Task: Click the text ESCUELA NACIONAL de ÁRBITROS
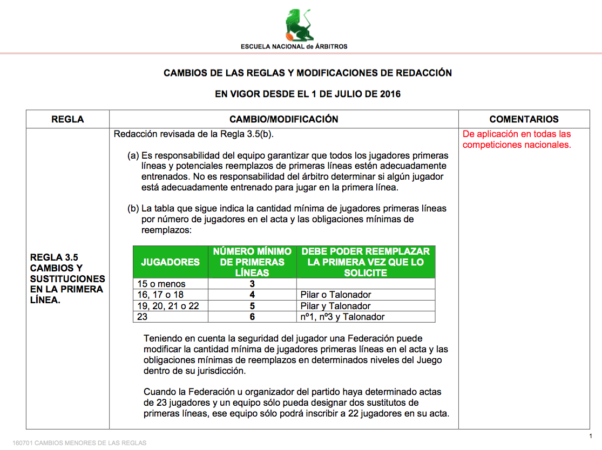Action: click(294, 46)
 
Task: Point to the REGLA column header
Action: click(67, 119)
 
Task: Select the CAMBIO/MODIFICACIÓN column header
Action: click(283, 119)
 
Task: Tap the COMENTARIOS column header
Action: click(524, 119)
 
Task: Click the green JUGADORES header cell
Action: click(170, 262)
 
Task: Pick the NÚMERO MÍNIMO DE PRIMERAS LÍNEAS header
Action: click(252, 262)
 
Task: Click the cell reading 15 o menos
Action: click(161, 284)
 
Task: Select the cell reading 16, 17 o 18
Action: click(160, 295)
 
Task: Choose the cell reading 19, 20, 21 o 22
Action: click(168, 306)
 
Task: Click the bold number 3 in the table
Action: click(252, 284)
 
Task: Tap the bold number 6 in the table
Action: click(252, 317)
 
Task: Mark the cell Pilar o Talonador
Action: click(336, 295)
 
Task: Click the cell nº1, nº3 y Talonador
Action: click(343, 317)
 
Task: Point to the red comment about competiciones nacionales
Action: click(517, 139)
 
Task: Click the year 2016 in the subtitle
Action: click(390, 94)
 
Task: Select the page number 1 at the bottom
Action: click(591, 435)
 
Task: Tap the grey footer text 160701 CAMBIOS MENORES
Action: click(79, 443)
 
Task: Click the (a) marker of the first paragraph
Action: click(133, 155)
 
